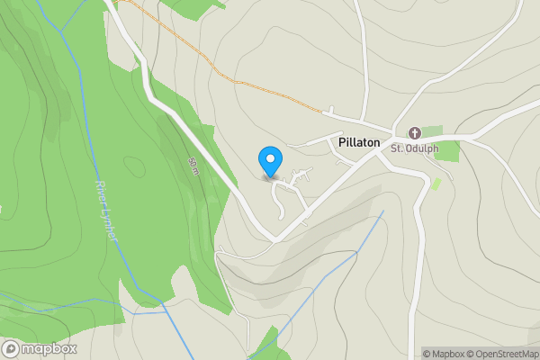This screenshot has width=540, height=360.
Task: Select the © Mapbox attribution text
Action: (447, 354)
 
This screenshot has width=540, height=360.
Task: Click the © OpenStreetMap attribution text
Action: (506, 354)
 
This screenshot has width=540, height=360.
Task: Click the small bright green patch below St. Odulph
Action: (436, 184)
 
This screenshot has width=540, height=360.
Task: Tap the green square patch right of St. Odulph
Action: (447, 149)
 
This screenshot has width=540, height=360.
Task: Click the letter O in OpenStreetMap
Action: (481, 354)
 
